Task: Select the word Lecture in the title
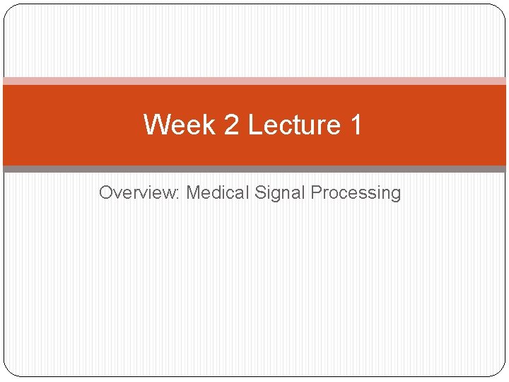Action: (294, 125)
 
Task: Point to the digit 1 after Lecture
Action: (355, 125)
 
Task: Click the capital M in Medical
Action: (193, 192)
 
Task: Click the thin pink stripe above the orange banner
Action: (255, 81)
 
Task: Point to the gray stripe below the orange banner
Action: (255, 169)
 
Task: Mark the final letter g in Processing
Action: (395, 194)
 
